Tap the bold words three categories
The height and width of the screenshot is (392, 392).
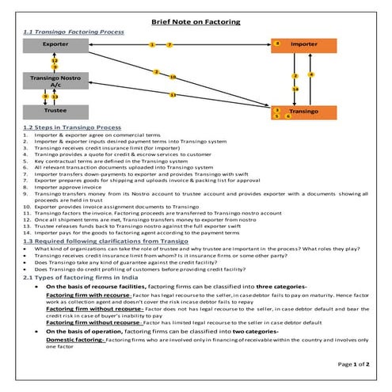pos(238,287)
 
